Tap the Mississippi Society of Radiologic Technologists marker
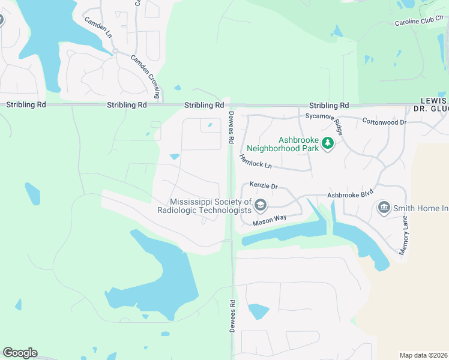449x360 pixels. [260, 206]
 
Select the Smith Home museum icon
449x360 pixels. [384, 208]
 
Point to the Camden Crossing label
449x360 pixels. [146, 74]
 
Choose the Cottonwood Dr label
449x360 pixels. [384, 122]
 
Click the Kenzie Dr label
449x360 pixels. [265, 187]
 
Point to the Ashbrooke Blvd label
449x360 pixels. [350, 195]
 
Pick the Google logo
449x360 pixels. [20, 353]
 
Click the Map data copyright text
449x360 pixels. [424, 355]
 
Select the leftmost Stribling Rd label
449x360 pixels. [26, 104]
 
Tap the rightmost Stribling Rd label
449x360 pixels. [328, 105]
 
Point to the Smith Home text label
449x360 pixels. [421, 208]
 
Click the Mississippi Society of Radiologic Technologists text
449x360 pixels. [204, 206]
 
